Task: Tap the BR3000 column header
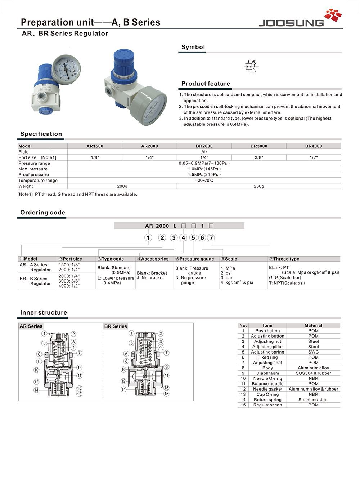259,146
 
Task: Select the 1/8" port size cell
95,157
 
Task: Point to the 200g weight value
122,186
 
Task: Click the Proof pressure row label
33,175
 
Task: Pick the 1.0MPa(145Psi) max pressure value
204,169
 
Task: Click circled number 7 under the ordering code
211,237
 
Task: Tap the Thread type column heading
286,259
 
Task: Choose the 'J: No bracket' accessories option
150,278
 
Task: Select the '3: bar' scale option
226,278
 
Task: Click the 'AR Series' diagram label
31,326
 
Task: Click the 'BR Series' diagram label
116,326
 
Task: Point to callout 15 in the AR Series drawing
79,394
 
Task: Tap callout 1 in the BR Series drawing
132,333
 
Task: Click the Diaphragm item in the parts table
267,373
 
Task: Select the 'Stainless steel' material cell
313,400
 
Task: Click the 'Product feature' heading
206,84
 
